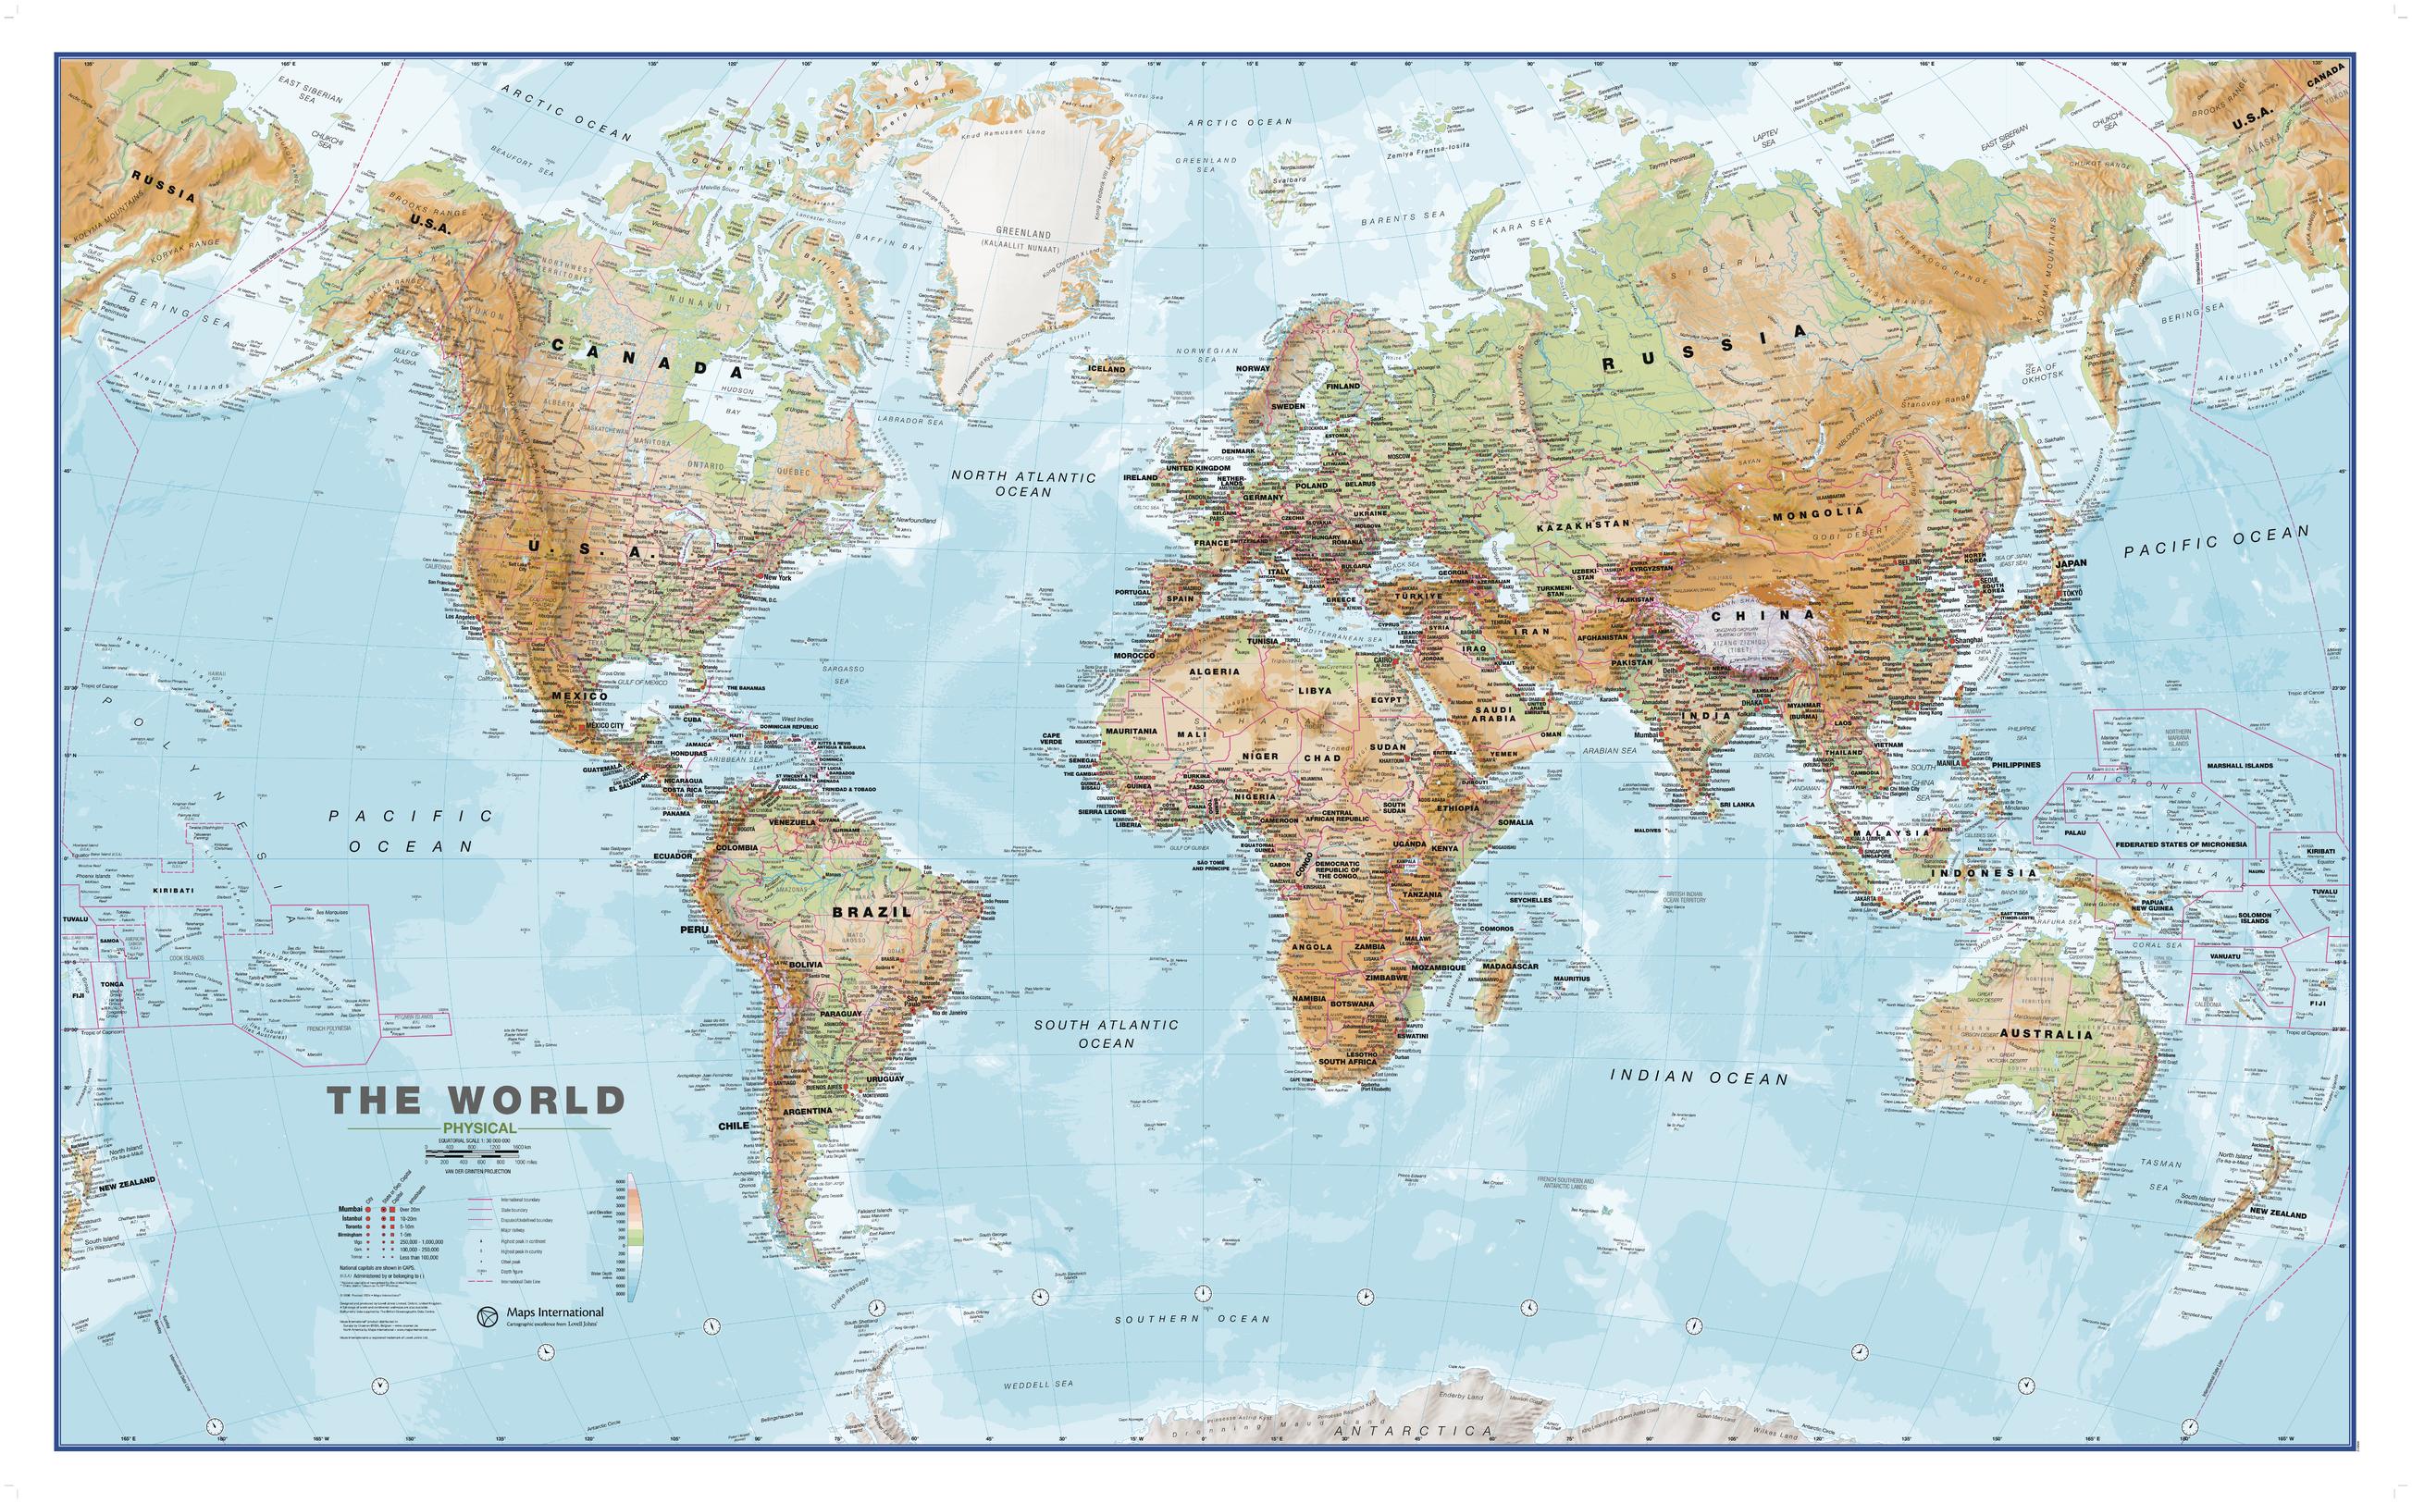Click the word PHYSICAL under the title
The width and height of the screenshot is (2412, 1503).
pos(480,1127)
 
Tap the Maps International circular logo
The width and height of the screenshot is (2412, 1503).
pos(488,1316)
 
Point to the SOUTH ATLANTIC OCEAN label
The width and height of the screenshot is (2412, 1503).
pos(1106,1033)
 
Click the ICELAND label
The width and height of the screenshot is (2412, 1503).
pos(1107,369)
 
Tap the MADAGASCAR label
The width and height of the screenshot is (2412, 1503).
pos(1510,967)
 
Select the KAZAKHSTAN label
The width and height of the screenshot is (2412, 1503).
pos(1583,523)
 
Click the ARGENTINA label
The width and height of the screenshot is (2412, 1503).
pos(807,1110)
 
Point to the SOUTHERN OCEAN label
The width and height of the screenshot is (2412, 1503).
pos(1191,1319)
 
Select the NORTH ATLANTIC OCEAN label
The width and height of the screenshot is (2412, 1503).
pos(1023,483)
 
